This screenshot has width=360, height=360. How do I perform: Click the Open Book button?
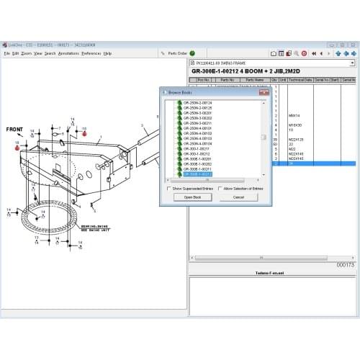(192, 197)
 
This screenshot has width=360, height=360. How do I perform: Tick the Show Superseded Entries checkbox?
(169, 188)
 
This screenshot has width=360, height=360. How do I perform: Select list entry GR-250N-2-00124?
(197, 103)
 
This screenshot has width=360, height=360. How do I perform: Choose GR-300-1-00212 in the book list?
(197, 153)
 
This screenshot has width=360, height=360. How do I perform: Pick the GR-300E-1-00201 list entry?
(197, 158)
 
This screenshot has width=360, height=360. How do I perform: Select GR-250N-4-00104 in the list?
(197, 143)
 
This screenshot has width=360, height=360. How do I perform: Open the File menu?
(6, 53)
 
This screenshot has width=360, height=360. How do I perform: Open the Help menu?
(107, 53)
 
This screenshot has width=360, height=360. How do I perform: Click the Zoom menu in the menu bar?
(26, 53)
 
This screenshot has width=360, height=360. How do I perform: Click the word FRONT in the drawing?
(14, 130)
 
